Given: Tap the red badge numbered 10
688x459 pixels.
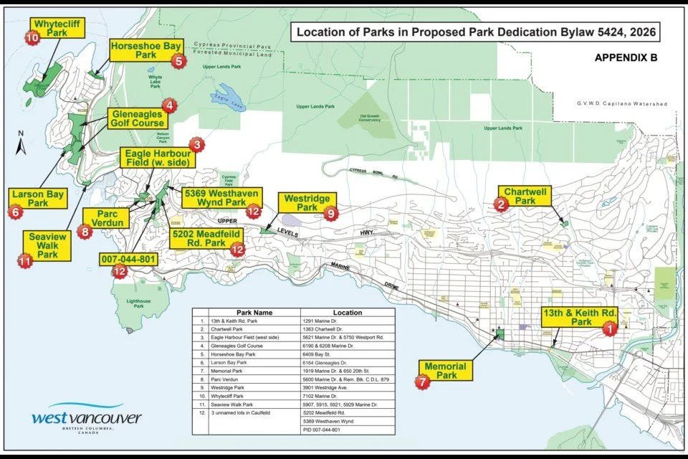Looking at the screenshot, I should pos(32,38).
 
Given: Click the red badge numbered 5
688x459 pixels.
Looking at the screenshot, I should pos(179,61).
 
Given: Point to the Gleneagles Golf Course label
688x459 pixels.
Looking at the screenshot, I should pos(139,118).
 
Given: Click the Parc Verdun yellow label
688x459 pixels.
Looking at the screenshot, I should pos(105,219).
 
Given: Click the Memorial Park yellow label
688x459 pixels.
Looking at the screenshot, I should pos(445,371).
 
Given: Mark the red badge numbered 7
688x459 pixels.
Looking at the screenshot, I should pos(424,382).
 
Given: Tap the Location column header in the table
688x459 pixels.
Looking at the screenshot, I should pos(347,313).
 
